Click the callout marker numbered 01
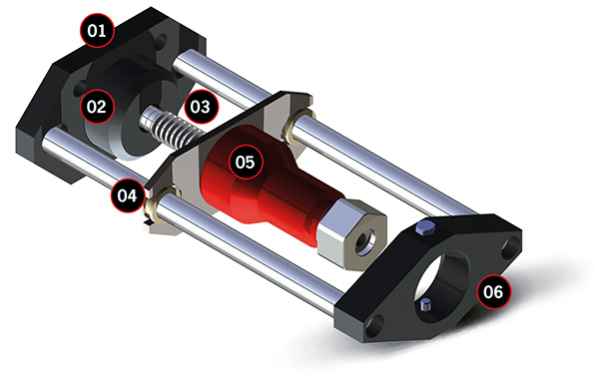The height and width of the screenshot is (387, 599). coord(97,30)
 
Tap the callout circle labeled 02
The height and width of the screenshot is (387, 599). coord(97,106)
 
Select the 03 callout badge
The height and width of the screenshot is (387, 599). coord(201,107)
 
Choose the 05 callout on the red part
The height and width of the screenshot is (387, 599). coord(246,163)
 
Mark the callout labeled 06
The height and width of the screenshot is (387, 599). coord(493,291)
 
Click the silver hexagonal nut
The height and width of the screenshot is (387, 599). coord(351,234)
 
